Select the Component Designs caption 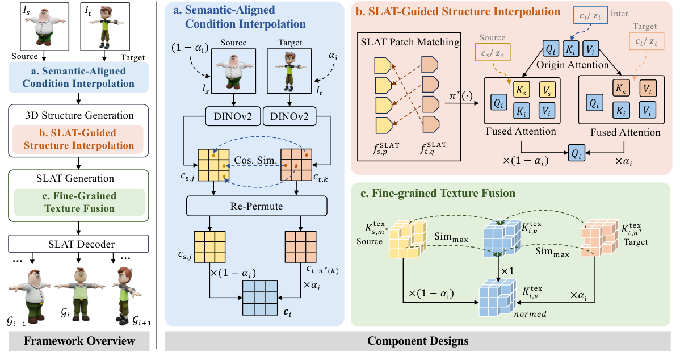coord(418,341)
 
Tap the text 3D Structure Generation coord(78,115)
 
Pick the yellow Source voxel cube coord(405,238)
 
